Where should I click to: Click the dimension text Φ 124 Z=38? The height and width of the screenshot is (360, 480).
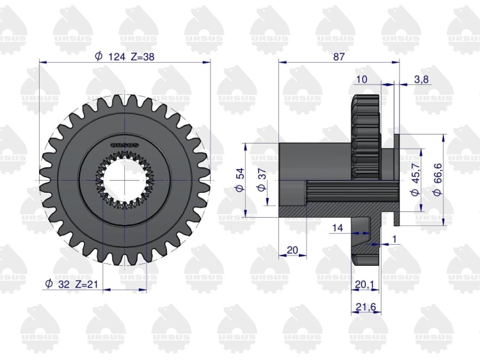click(125, 56)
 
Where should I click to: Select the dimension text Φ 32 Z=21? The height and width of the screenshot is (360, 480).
click(71, 284)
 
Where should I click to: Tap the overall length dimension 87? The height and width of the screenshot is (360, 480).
click(339, 56)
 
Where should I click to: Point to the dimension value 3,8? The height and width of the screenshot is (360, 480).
click(421, 79)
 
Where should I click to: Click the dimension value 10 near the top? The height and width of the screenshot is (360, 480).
click(362, 79)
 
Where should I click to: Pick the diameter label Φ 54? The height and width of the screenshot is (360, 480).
click(240, 180)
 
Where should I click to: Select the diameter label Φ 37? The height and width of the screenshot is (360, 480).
click(262, 180)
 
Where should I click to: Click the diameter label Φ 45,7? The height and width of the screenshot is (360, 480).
click(415, 180)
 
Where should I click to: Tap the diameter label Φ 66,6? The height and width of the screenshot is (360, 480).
click(438, 180)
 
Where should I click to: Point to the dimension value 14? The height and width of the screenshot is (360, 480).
click(337, 227)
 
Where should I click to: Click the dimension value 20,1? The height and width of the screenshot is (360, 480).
click(365, 285)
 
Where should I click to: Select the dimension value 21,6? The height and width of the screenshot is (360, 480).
click(366, 307)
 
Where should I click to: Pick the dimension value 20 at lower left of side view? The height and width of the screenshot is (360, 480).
click(292, 250)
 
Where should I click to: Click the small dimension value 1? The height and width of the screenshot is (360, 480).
click(394, 239)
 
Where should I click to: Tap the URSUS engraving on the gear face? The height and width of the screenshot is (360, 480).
click(125, 145)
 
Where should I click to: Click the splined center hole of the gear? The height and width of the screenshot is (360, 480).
click(125, 180)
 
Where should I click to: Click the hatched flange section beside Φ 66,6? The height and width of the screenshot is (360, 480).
click(397, 218)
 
